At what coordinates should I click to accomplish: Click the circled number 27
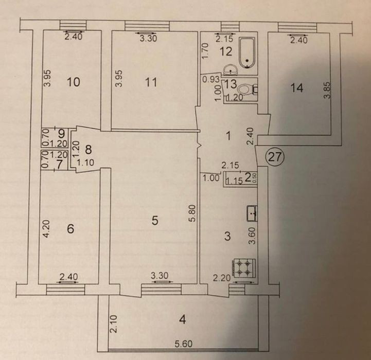pyautogui.click(x=274, y=157)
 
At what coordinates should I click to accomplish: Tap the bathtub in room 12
pyautogui.click(x=247, y=53)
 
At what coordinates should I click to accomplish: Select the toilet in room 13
pyautogui.click(x=248, y=90)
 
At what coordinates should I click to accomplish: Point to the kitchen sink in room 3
pyautogui.click(x=252, y=213)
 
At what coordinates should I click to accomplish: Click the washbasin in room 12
pyautogui.click(x=229, y=69)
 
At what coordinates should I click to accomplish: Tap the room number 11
pyautogui.click(x=151, y=82)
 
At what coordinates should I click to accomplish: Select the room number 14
pyautogui.click(x=297, y=88)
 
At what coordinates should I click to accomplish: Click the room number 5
pyautogui.click(x=155, y=221)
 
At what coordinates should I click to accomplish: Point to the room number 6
pyautogui.click(x=70, y=229)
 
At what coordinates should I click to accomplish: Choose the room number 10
pyautogui.click(x=74, y=82)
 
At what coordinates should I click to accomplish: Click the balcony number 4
pyautogui.click(x=183, y=320)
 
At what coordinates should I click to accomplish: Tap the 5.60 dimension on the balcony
pyautogui.click(x=184, y=344)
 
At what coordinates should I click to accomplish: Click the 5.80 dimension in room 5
pyautogui.click(x=193, y=213)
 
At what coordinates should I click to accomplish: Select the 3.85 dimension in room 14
pyautogui.click(x=327, y=90)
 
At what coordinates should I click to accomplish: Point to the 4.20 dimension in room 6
pyautogui.click(x=46, y=229)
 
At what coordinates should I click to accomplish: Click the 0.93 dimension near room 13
pyautogui.click(x=211, y=80)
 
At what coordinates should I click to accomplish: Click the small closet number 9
pyautogui.click(x=61, y=134)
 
